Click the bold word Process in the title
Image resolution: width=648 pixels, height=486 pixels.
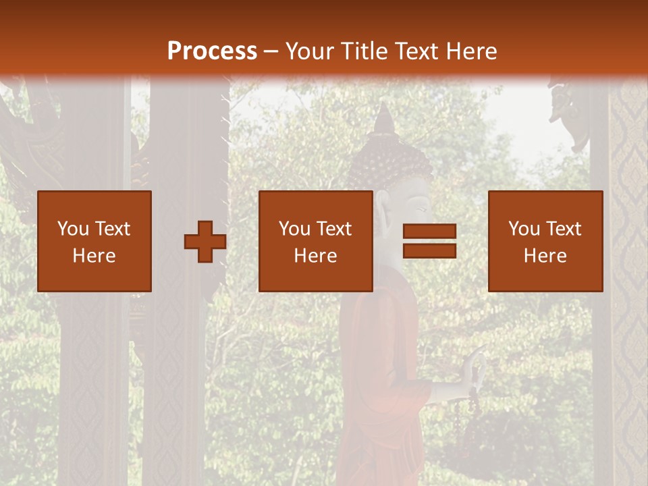pyautogui.click(x=212, y=51)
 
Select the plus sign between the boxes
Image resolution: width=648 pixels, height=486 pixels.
pyautogui.click(x=205, y=242)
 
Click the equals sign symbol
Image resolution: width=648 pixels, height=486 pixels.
pyautogui.click(x=429, y=242)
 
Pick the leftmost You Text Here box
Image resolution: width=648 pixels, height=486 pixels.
pyautogui.click(x=94, y=242)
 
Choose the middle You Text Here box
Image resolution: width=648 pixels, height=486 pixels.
pyautogui.click(x=316, y=242)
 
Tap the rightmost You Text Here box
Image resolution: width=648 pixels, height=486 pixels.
pyautogui.click(x=545, y=242)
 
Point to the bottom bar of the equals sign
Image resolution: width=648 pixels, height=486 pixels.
pyautogui.click(x=429, y=251)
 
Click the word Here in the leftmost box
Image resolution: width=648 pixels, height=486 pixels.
pyautogui.click(x=94, y=256)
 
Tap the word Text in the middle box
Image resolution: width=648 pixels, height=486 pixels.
pyautogui.click(x=335, y=229)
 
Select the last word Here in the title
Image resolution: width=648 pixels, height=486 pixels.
pyautogui.click(x=470, y=51)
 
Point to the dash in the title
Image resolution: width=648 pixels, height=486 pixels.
pyautogui.click(x=271, y=51)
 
